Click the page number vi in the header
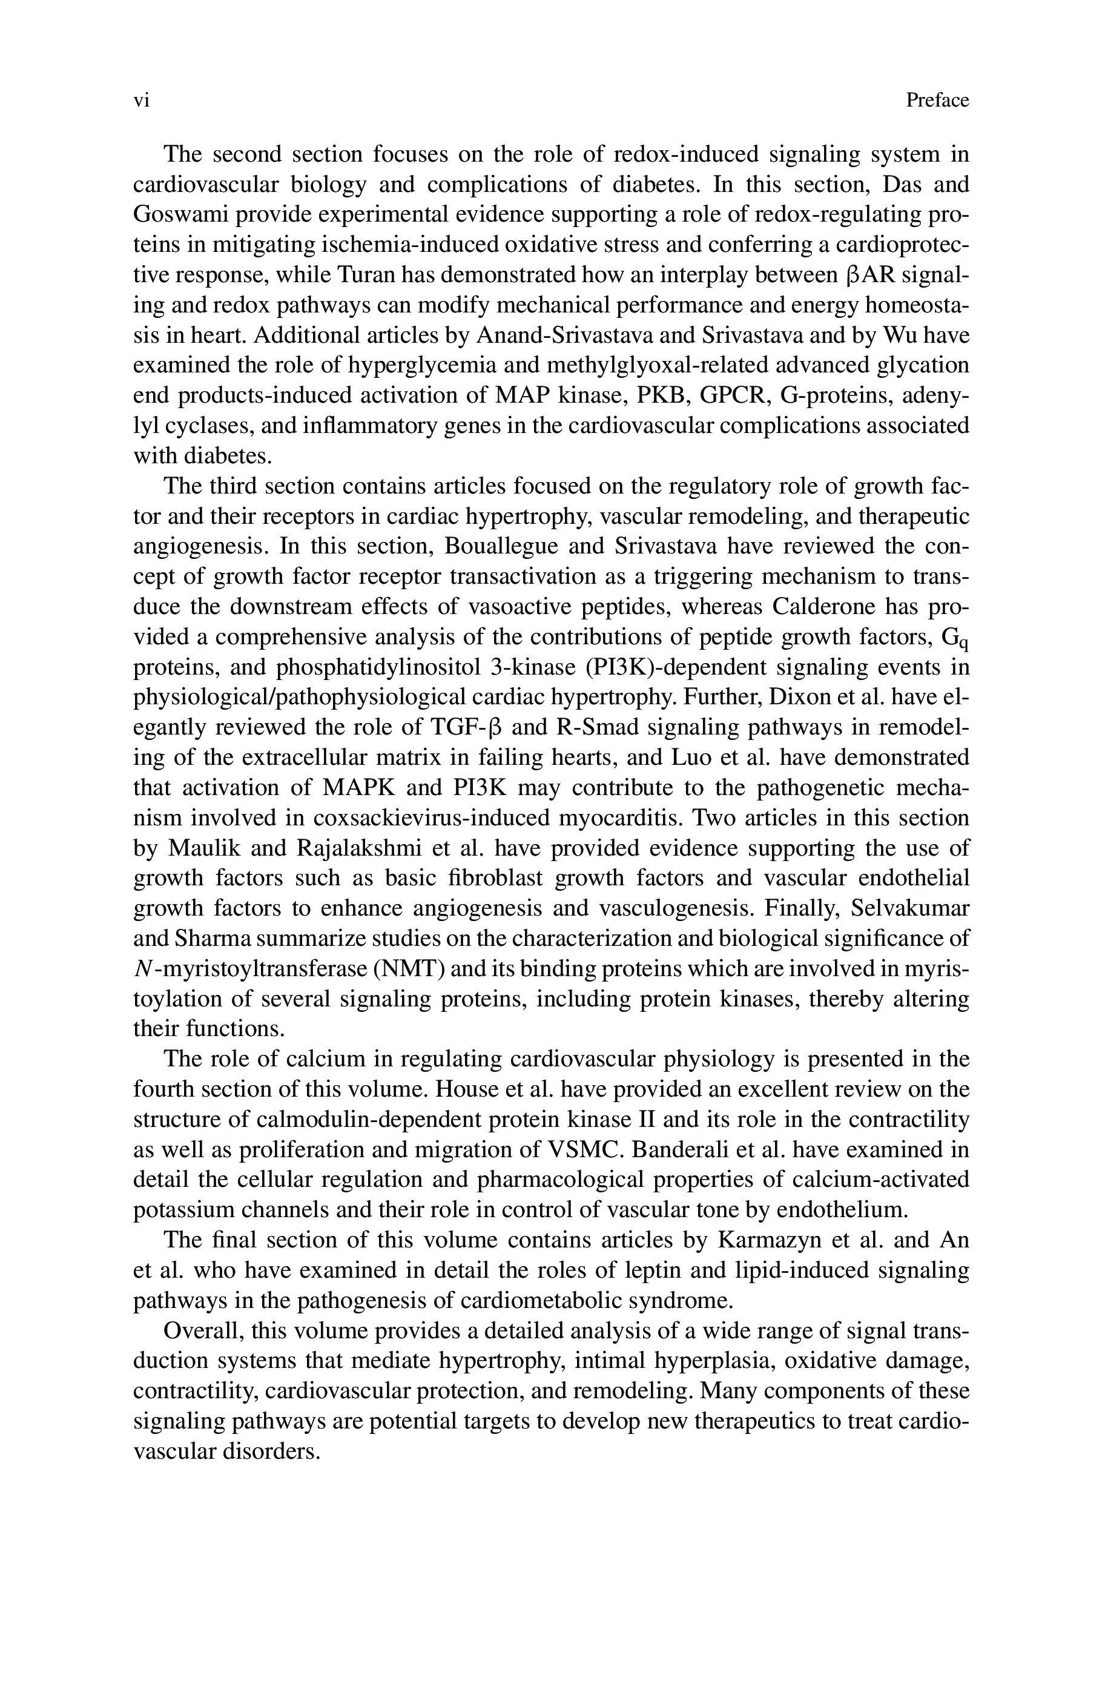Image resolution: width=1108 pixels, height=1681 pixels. (141, 101)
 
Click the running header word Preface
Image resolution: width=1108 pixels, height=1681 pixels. (937, 101)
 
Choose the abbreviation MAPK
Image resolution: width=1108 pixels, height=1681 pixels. (362, 788)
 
